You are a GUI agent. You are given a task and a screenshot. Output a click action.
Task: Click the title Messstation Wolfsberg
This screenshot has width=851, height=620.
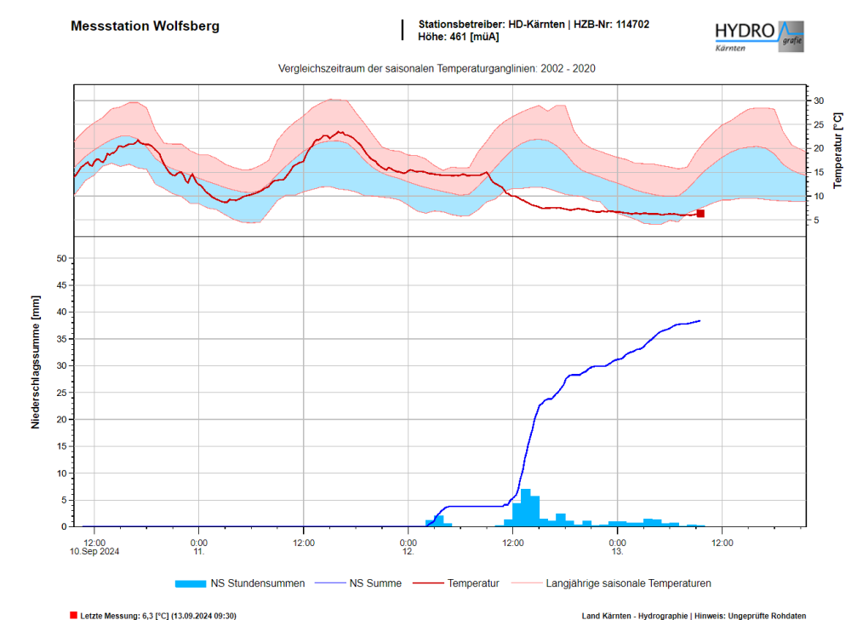145,26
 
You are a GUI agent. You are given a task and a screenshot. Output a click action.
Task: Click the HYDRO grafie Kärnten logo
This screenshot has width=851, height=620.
758,37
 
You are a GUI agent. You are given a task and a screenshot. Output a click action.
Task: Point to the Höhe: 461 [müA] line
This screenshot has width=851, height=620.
459,37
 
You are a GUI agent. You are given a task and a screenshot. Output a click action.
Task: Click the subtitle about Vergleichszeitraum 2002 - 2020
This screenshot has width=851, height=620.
437,69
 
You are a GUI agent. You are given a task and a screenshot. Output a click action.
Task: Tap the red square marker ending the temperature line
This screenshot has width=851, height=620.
700,214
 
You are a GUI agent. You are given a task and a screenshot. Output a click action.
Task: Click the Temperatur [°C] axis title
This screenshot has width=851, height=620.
837,150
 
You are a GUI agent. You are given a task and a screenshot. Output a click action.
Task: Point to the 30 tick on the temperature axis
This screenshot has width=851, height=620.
819,100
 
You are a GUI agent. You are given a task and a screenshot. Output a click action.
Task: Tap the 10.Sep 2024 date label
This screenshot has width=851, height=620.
94,551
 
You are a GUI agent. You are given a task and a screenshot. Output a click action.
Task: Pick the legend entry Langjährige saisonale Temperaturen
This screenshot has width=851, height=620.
628,583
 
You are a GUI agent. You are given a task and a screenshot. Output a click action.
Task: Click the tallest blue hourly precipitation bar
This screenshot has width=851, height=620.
526,508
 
